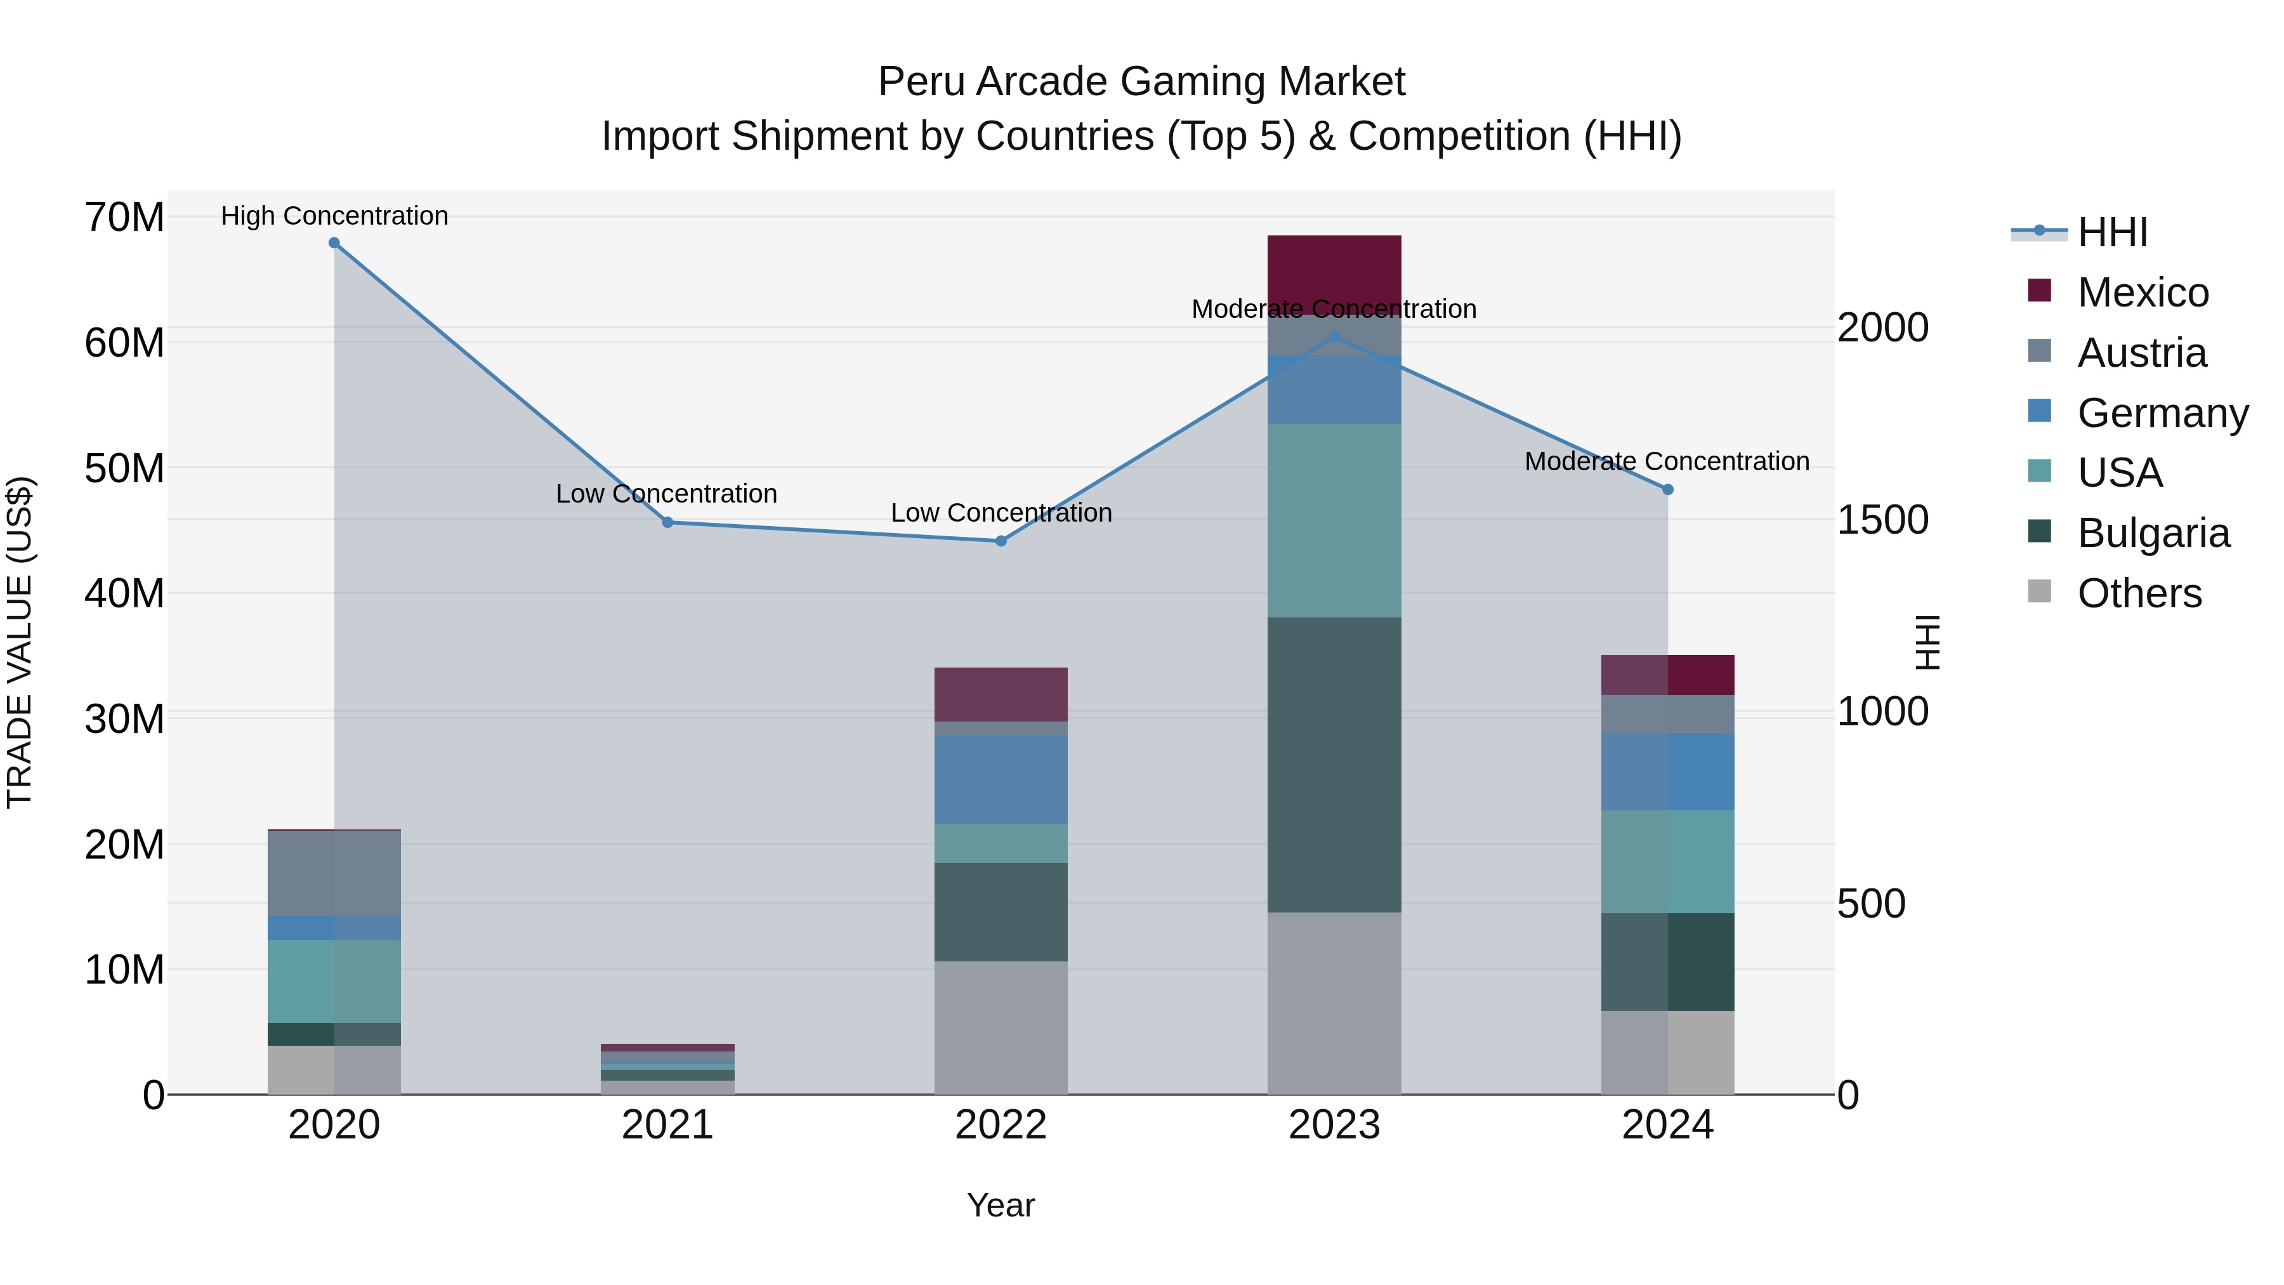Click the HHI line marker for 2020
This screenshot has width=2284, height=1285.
coord(334,243)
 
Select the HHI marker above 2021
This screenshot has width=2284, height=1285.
coord(667,522)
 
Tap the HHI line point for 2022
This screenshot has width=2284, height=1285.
coord(1001,541)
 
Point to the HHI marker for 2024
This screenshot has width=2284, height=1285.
coord(1668,489)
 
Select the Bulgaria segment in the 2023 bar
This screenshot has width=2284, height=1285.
coord(1334,765)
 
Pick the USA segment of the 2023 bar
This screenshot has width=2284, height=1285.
coord(1334,520)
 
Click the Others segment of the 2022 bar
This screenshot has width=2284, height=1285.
coord(1001,1028)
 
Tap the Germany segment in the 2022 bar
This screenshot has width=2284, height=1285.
coord(1001,779)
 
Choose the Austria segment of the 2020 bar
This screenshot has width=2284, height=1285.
coord(334,874)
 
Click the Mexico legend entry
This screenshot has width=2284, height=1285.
coord(2142,293)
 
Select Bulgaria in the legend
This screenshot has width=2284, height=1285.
coord(2153,533)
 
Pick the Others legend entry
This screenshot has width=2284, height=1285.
coord(2139,593)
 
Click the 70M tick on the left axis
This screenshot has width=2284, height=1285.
coord(124,217)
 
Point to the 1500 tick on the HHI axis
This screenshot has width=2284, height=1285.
coord(1882,520)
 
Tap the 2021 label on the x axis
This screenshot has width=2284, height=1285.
coord(667,1125)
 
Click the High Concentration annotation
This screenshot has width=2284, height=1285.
coord(334,216)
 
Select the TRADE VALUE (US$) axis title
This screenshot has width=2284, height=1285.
coord(20,642)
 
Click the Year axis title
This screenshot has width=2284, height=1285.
coord(1001,1205)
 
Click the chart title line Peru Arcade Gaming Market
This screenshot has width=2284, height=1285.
coord(1141,82)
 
